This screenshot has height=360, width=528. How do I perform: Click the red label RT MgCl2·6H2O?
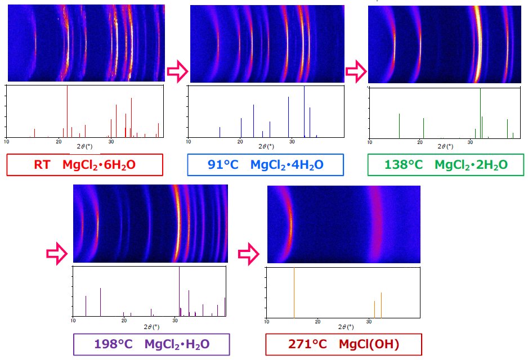[84, 165]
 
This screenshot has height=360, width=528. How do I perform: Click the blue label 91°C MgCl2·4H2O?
[265, 165]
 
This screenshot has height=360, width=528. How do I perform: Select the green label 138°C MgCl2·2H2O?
[446, 165]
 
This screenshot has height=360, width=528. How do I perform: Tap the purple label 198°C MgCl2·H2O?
[151, 344]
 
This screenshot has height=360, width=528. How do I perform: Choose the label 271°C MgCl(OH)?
[343, 344]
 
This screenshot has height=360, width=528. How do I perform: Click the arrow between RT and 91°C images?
[177, 72]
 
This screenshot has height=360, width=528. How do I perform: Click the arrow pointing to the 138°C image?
[355, 72]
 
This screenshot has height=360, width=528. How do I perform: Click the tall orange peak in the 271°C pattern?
[294, 292]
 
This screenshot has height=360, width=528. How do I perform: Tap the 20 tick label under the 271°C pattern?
[318, 322]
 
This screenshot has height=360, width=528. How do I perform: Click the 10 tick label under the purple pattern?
[73, 321]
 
